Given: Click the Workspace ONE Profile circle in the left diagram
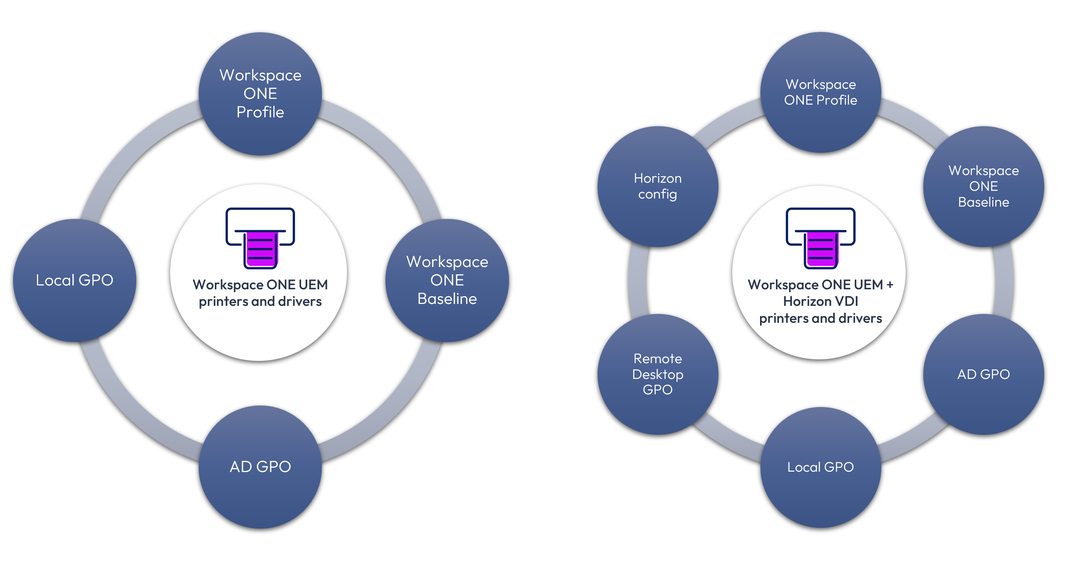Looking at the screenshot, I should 260,94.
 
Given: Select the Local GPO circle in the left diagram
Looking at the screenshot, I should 75,280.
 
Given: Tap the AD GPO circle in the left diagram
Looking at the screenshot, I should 260,467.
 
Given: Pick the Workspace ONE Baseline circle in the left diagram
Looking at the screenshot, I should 447,280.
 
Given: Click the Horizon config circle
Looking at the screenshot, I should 658,186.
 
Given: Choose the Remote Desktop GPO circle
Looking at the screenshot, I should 658,374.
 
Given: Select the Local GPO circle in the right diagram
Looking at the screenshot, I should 821,467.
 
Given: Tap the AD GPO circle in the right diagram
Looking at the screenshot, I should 983,374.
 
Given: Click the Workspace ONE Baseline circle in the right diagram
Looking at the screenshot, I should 983,186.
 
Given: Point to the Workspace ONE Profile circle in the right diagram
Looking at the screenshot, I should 821,92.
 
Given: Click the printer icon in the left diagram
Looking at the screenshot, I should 260,238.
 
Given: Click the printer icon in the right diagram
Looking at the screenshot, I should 821,238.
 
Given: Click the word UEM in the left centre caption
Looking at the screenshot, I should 313,285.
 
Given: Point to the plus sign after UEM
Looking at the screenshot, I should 890,285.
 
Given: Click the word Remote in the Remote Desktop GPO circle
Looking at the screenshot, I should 658,359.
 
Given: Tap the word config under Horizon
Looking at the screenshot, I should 658,194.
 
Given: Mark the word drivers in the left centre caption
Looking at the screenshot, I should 300,301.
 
